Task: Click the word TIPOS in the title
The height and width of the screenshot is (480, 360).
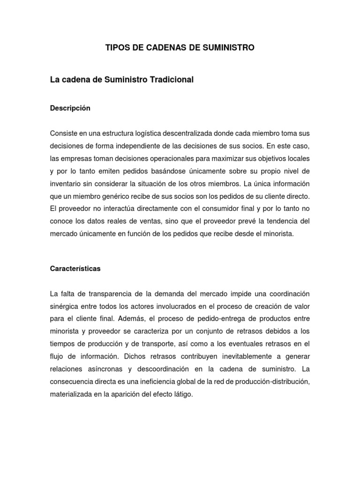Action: pyautogui.click(x=115, y=48)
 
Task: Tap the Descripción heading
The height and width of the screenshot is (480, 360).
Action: pyautogui.click(x=70, y=108)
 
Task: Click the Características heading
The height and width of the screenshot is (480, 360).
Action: pyautogui.click(x=75, y=269)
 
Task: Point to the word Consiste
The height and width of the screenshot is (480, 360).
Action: pyautogui.click(x=64, y=133)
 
